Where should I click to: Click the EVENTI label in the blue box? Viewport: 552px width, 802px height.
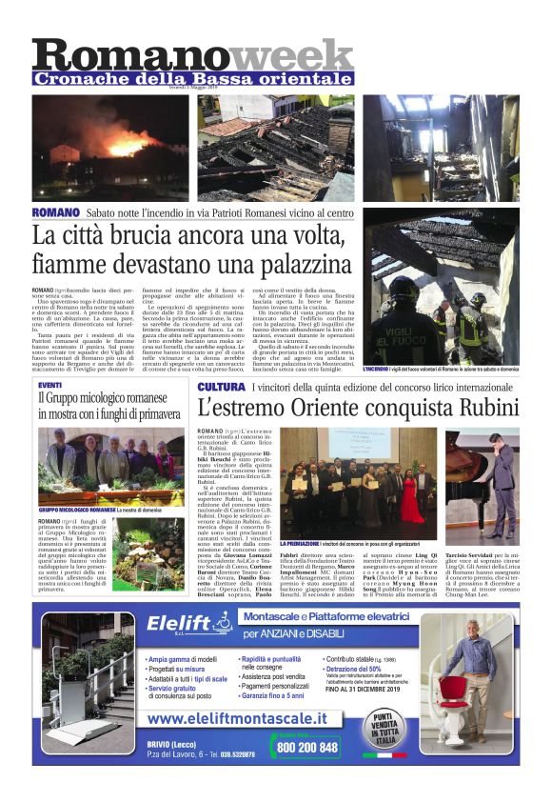point(51,384)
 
